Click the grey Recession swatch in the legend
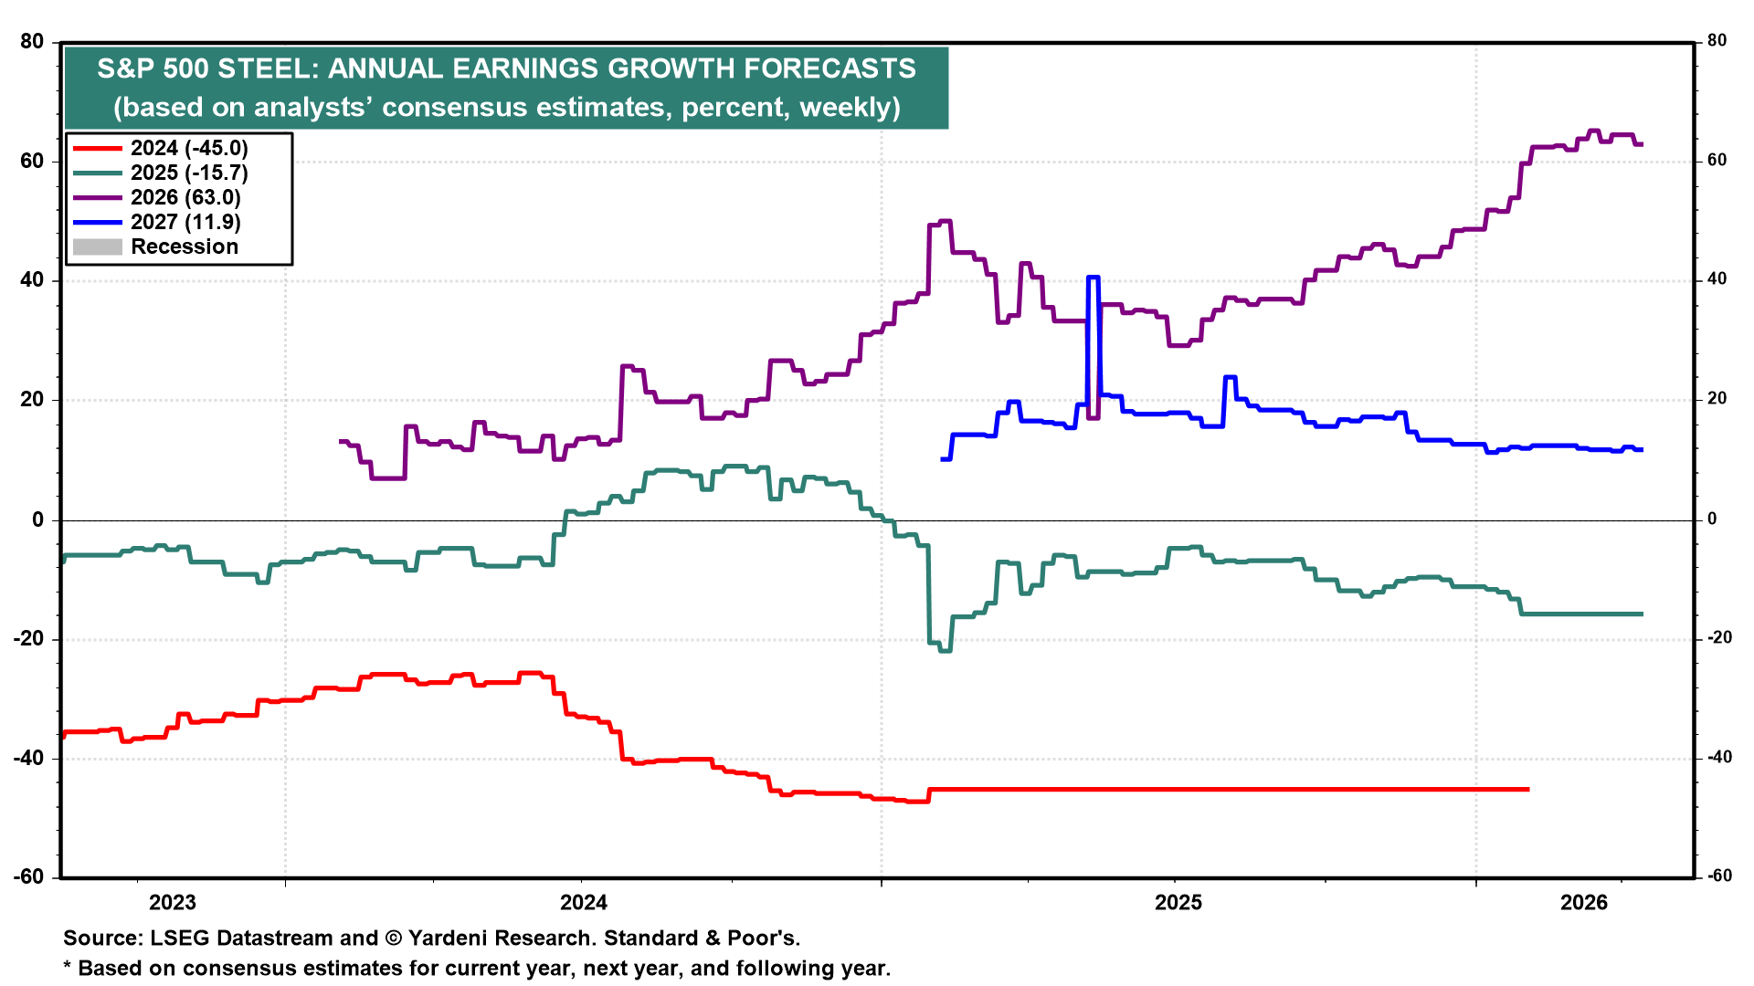(x=97, y=246)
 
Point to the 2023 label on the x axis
(x=172, y=903)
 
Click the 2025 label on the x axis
(x=1178, y=903)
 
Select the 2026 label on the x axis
(x=1583, y=903)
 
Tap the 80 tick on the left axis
(x=31, y=41)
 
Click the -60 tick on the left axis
(x=28, y=876)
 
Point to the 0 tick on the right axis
(x=1712, y=519)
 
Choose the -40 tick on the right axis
(x=1719, y=757)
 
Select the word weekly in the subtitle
(x=846, y=107)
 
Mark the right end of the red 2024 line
(x=1528, y=789)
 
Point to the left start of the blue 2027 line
(x=942, y=458)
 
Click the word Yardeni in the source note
(x=453, y=938)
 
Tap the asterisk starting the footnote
(x=68, y=967)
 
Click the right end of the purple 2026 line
(x=1642, y=144)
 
